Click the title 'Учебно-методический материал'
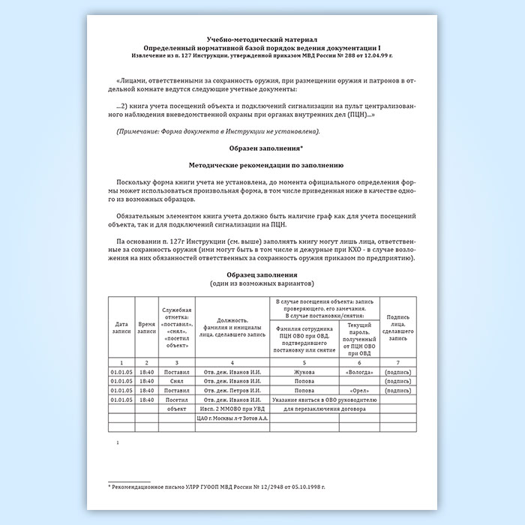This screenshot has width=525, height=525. pos(262,38)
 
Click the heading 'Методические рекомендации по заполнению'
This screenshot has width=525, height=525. pos(262,163)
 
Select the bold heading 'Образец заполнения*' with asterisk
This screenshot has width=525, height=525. pos(262,148)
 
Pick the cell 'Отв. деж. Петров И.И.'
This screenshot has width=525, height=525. pos(230,391)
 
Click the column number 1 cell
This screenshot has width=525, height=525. pos(121,361)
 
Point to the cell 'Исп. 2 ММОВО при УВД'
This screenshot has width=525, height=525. pos(230,410)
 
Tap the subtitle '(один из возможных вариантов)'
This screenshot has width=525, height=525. pos(262,283)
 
